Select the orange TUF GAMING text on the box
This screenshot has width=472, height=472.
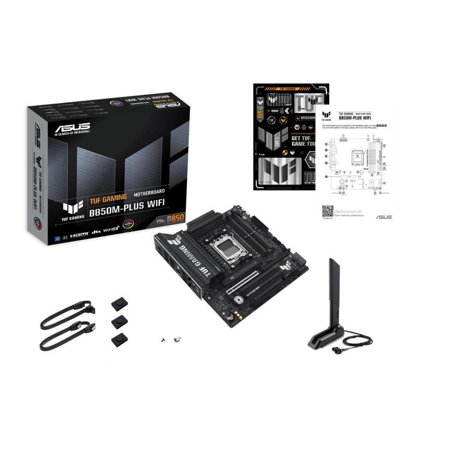point(108,198)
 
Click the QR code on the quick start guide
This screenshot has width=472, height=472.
point(327,211)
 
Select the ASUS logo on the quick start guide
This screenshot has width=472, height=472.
point(383,217)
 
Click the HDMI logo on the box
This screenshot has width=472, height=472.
point(79,231)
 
